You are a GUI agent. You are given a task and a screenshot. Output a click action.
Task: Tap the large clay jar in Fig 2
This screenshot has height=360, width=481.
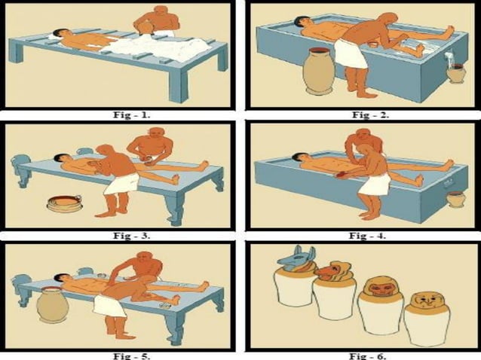click(318, 73)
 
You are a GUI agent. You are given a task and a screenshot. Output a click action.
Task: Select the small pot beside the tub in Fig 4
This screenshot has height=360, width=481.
click(455, 198)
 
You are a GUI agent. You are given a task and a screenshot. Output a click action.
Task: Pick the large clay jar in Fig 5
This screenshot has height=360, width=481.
click(53, 305)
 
